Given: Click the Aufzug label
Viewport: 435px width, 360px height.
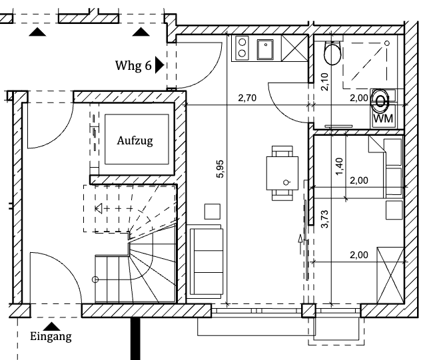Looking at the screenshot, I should click(x=135, y=141).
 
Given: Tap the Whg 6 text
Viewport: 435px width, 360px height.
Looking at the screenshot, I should click(x=133, y=66).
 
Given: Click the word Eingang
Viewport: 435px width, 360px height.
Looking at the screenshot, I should click(x=51, y=337).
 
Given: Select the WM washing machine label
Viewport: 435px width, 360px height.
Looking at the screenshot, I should click(x=382, y=118).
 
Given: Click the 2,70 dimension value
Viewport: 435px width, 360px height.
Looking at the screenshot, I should click(x=248, y=99).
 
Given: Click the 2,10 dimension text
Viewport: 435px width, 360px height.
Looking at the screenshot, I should click(x=325, y=81).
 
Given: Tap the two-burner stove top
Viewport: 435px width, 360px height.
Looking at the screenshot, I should click(x=242, y=49).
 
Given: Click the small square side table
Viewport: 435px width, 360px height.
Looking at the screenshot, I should click(x=213, y=210).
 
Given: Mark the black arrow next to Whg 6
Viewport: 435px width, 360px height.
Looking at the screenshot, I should click(x=159, y=65).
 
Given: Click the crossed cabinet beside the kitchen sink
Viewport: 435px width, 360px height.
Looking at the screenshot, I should click(x=294, y=49).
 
